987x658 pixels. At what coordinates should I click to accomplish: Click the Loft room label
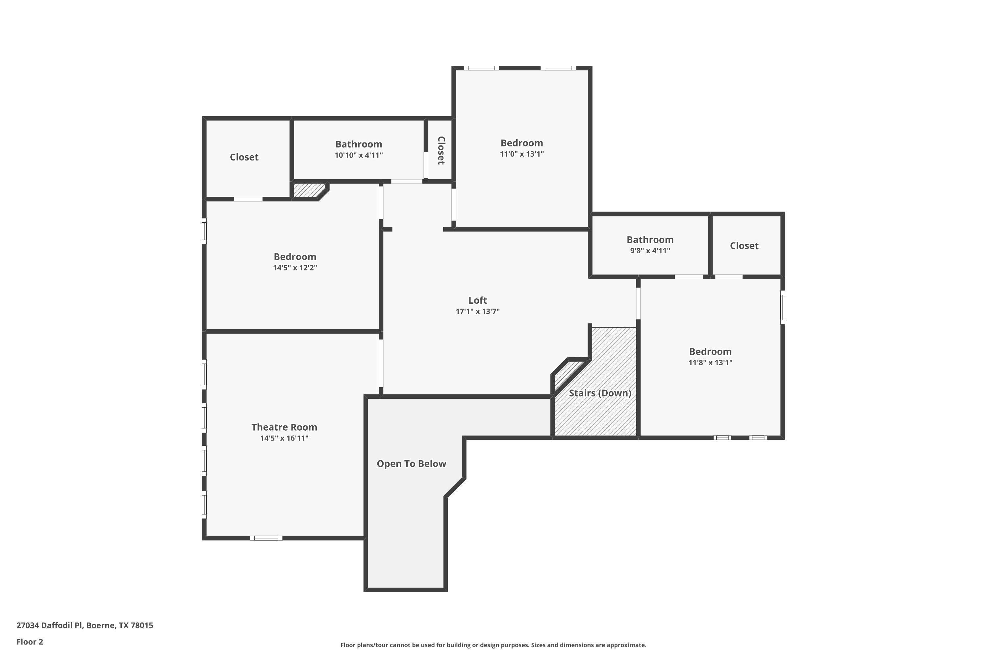(x=478, y=300)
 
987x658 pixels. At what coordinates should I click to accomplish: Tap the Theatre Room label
(x=284, y=427)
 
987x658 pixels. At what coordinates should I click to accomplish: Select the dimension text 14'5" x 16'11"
(x=284, y=439)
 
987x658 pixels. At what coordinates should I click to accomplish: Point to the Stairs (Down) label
(x=600, y=393)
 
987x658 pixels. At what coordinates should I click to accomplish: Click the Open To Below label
(x=411, y=464)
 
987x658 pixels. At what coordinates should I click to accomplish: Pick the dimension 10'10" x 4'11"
(x=358, y=155)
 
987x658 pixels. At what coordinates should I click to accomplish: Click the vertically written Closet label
(x=441, y=150)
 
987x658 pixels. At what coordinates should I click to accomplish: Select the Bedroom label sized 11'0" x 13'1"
(x=521, y=143)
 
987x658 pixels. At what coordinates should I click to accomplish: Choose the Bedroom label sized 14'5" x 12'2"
(x=295, y=257)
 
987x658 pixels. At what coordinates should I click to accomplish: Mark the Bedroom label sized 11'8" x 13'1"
(x=710, y=352)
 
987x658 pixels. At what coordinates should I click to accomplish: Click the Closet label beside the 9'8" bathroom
(x=744, y=246)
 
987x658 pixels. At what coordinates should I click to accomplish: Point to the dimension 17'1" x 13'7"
(x=478, y=311)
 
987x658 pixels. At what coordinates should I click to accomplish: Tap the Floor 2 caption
(x=30, y=642)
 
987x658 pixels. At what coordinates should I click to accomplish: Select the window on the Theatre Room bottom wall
(x=266, y=538)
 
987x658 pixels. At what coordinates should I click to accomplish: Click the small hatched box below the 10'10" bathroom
(x=309, y=190)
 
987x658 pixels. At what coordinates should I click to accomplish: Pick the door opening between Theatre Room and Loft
(x=381, y=364)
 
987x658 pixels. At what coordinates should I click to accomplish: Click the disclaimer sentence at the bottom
(x=493, y=645)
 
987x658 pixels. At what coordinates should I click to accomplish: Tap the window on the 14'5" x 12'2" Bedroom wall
(x=204, y=231)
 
